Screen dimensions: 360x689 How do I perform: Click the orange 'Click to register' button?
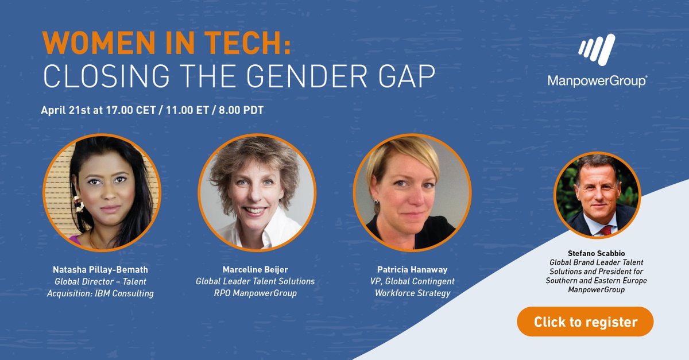(585, 322)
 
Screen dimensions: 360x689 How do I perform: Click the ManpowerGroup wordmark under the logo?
(597, 81)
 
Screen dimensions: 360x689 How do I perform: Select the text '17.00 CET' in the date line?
(131, 110)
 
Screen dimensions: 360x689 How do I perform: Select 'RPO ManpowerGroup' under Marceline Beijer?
(256, 294)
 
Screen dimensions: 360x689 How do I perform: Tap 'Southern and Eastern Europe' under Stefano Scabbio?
(597, 281)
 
